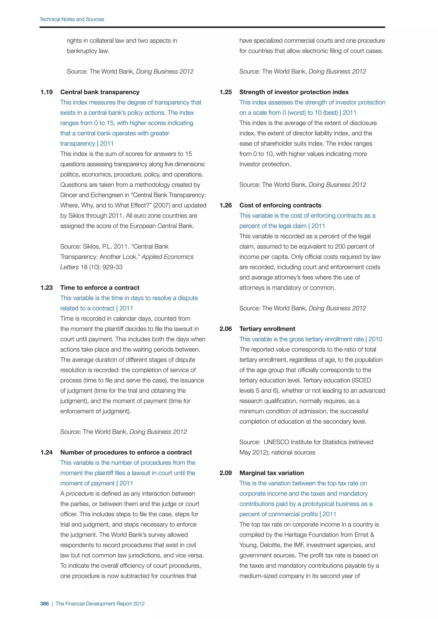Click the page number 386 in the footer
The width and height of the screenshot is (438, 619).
point(44,604)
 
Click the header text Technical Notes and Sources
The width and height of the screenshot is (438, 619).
point(72,19)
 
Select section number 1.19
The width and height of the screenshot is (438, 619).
point(46,92)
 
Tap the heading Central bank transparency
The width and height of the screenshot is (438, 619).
point(100,92)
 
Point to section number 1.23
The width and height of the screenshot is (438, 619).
point(46,288)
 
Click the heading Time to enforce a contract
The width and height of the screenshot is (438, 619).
point(100,288)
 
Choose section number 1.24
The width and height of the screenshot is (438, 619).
point(46,452)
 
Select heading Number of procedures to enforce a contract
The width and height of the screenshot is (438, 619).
point(126,452)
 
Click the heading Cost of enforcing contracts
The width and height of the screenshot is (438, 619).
point(280,205)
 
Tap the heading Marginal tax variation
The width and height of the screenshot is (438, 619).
point(271,473)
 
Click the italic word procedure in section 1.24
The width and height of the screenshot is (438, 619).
point(80,494)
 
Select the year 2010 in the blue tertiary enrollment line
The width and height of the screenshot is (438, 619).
point(375,339)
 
